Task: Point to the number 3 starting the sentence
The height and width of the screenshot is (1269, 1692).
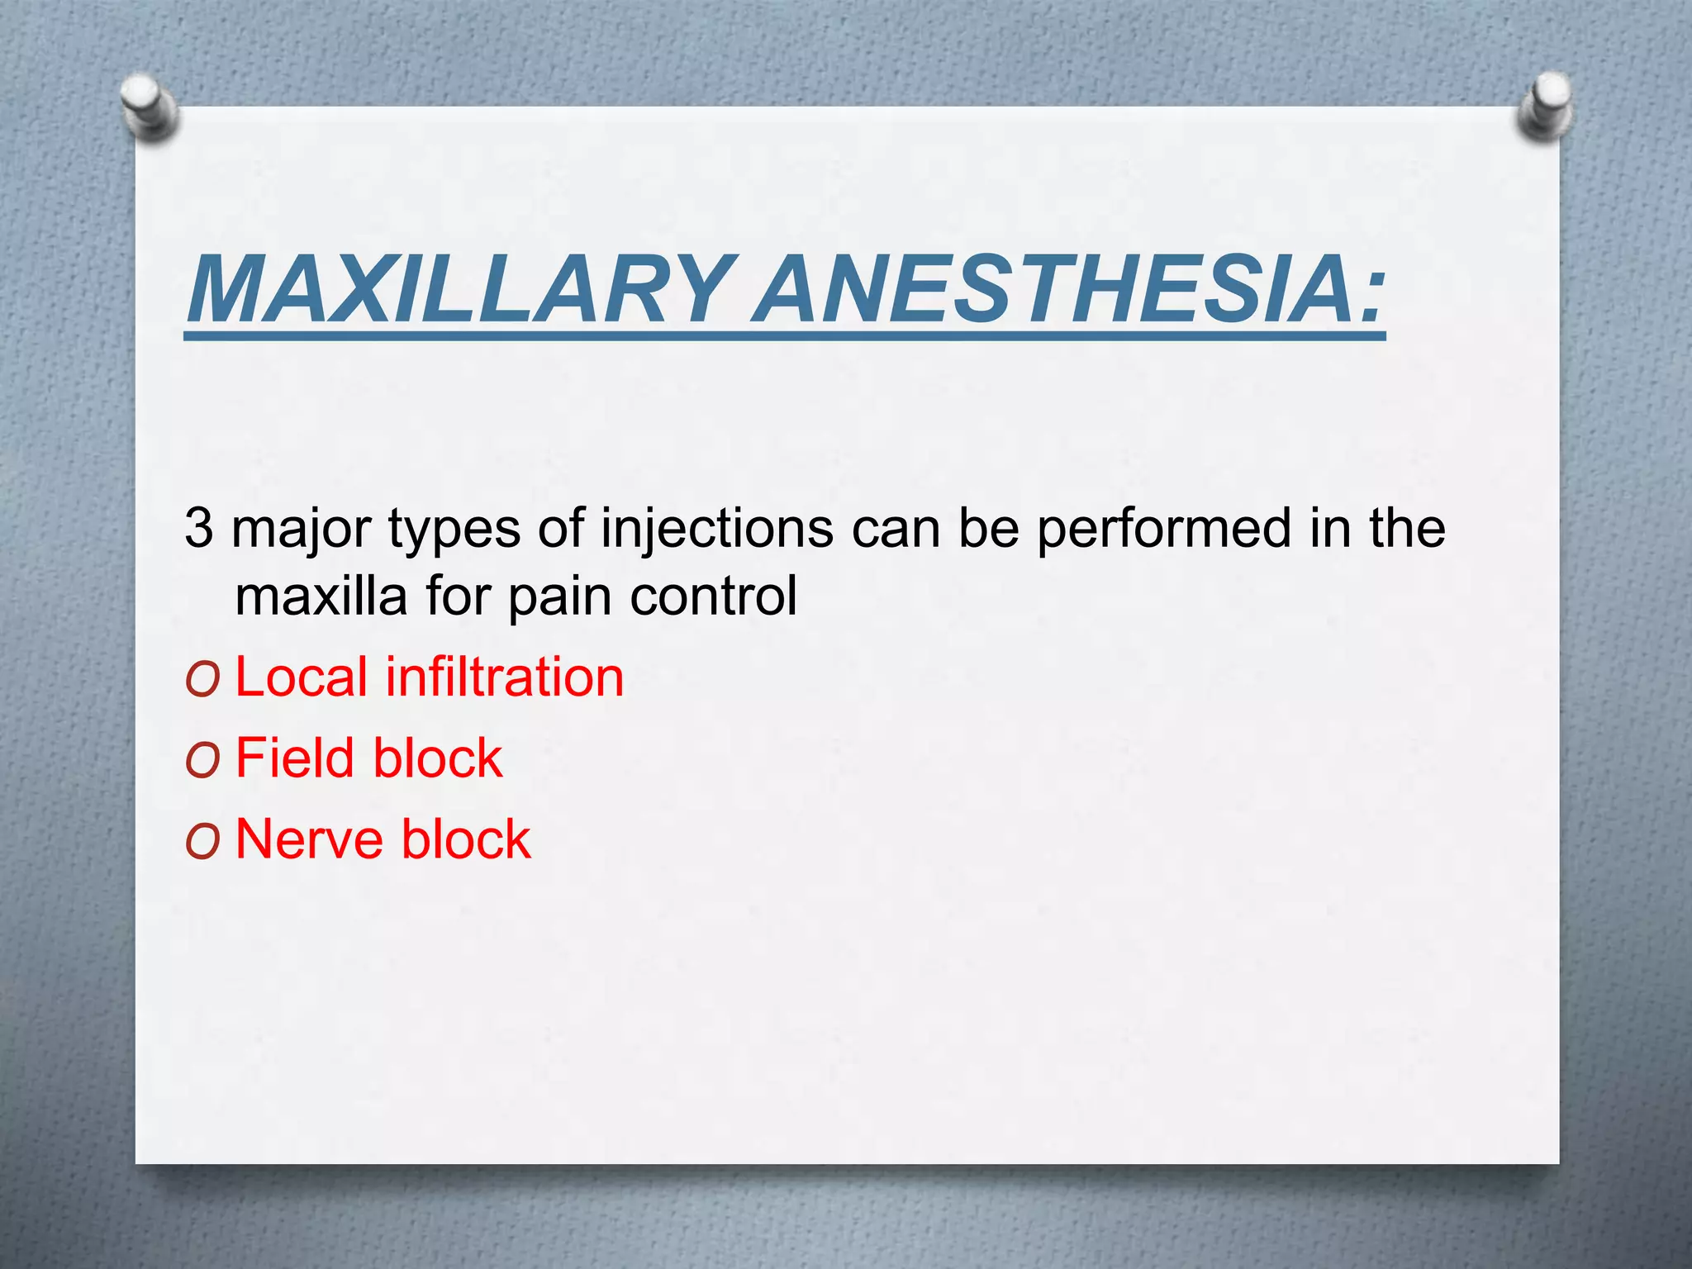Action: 199,528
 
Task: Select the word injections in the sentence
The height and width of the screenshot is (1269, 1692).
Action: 717,528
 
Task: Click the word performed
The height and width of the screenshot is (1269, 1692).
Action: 1163,530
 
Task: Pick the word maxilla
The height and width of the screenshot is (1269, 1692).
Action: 321,596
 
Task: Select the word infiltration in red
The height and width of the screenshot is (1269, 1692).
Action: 504,677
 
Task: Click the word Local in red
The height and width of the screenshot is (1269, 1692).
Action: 302,677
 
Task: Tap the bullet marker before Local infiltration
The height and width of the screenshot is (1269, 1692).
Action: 202,681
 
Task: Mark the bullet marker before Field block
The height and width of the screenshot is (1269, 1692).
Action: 202,762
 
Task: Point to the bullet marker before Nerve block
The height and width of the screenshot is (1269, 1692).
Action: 202,843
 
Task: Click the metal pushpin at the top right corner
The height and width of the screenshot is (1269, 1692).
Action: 1544,106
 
